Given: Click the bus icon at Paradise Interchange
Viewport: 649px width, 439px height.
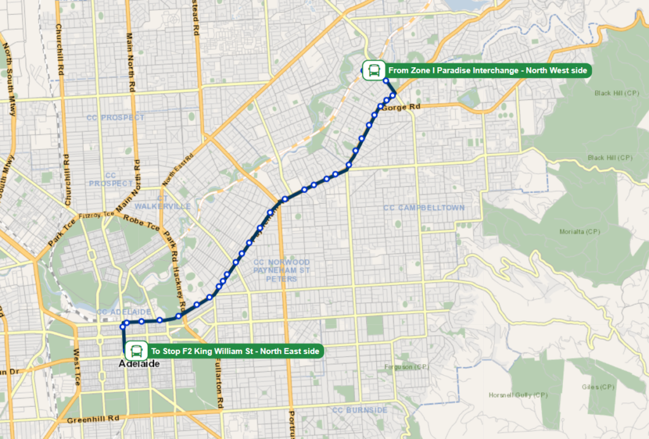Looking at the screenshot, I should point(373,70).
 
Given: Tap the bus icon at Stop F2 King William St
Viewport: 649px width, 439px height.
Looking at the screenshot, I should point(136,350).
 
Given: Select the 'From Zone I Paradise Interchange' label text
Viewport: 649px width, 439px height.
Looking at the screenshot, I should point(487,70).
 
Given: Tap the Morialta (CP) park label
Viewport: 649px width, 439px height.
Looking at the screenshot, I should point(580,231).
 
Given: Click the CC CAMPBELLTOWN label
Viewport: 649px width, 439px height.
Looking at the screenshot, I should point(424,208).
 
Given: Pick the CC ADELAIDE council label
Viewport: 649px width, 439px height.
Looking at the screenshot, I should point(124,312).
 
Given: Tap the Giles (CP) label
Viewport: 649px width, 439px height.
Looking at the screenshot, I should point(598,386).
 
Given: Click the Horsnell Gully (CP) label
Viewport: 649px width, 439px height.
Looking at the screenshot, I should point(518,395).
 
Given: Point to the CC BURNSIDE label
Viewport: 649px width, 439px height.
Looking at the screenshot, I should point(359,410).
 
